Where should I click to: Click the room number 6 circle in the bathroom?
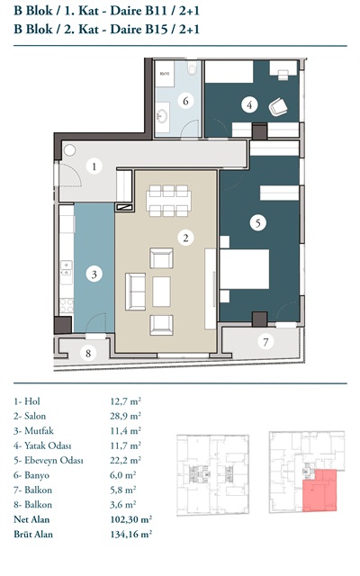click(185, 100)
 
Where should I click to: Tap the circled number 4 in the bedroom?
click(249, 104)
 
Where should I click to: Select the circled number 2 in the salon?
click(185, 238)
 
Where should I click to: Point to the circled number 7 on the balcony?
click(265, 342)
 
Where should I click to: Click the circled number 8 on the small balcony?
click(88, 354)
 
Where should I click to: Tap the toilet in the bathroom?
click(192, 68)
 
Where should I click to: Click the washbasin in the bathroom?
click(162, 116)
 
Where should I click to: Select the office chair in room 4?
click(278, 107)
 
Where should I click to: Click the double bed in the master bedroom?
click(245, 269)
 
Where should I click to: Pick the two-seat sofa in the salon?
click(136, 292)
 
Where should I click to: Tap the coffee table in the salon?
click(161, 292)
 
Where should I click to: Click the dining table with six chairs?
click(168, 201)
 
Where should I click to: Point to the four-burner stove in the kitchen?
click(67, 305)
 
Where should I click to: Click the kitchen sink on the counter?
click(67, 268)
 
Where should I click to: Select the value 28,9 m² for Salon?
click(126, 416)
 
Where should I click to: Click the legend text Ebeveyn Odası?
click(54, 460)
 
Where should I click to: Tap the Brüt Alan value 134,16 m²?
click(131, 534)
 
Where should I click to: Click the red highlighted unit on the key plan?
click(319, 490)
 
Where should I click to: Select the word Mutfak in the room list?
click(39, 430)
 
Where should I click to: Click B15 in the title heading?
click(159, 29)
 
